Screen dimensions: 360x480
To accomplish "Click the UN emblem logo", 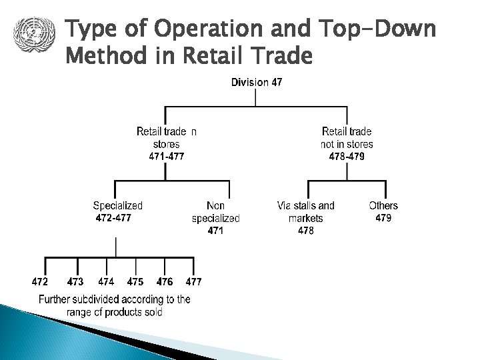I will [x=31, y=33].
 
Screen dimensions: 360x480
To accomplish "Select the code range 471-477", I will [x=166, y=156].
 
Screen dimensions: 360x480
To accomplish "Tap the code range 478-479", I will [x=347, y=156].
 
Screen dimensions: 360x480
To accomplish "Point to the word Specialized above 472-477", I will [x=117, y=205].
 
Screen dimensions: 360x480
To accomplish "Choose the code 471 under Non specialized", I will [x=215, y=231].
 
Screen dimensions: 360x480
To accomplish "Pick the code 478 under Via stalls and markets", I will [x=305, y=231].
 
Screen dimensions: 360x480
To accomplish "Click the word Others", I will [x=383, y=205].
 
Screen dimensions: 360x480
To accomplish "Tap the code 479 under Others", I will [x=383, y=218].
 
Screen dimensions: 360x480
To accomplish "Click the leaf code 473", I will [x=75, y=281].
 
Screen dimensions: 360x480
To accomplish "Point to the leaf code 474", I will [x=106, y=281].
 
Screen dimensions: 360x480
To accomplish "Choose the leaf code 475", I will [x=135, y=281].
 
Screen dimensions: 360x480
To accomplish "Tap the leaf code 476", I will [x=165, y=281].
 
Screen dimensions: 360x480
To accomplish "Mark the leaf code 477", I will [x=193, y=281].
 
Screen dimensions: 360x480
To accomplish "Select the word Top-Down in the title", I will [x=377, y=30].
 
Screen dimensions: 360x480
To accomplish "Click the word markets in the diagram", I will [x=306, y=218].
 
